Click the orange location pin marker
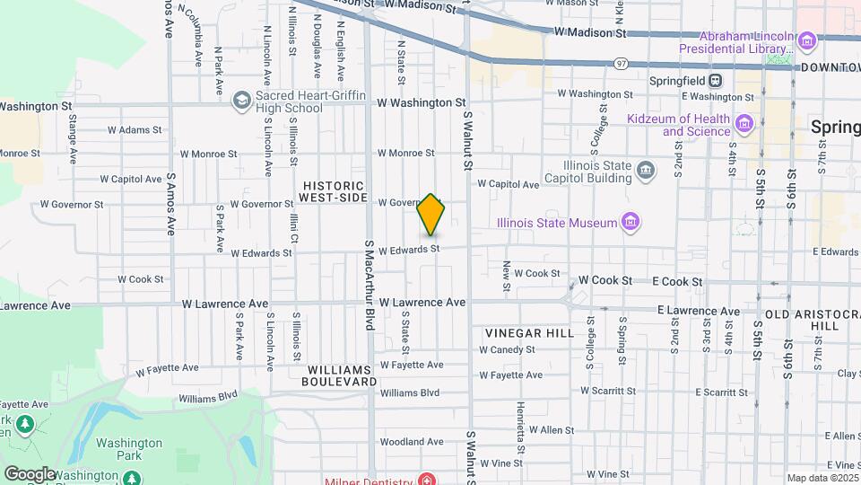pyautogui.click(x=431, y=216)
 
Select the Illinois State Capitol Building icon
pyautogui.click(x=646, y=171)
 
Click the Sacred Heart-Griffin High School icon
pyautogui.click(x=240, y=101)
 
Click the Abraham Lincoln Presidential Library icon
pyautogui.click(x=806, y=40)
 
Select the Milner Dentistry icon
pyautogui.click(x=426, y=479)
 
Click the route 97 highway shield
pyautogui.click(x=621, y=63)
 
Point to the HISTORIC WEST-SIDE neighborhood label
pyautogui.click(x=334, y=190)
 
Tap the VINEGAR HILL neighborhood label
pyautogui.click(x=529, y=332)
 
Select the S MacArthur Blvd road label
pyautogui.click(x=369, y=284)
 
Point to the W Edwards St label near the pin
pyautogui.click(x=409, y=249)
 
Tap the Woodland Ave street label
pyautogui.click(x=412, y=441)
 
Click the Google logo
pyautogui.click(x=29, y=473)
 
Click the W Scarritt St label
pyautogui.click(x=608, y=391)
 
